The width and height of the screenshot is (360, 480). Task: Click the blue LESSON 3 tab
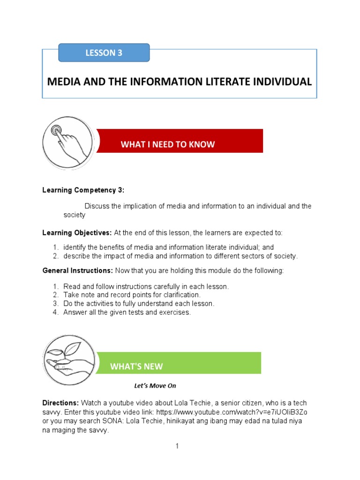(x=104, y=53)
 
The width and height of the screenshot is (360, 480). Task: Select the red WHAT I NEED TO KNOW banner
(x=180, y=141)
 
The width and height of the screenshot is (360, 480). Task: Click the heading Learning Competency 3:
(x=83, y=190)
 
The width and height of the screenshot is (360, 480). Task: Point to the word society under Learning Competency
(x=75, y=215)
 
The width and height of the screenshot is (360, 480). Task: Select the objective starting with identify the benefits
(x=169, y=247)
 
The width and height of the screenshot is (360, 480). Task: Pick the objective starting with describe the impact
(x=180, y=256)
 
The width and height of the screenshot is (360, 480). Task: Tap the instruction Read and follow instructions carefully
(x=146, y=286)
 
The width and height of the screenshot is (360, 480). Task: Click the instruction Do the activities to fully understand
(x=139, y=304)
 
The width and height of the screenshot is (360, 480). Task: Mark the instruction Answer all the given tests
(x=127, y=313)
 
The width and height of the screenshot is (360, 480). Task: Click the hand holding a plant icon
(x=69, y=360)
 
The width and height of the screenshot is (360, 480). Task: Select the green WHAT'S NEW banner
(x=178, y=363)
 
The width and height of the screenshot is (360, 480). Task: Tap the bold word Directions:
(x=60, y=403)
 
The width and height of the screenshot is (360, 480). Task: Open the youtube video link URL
(x=232, y=412)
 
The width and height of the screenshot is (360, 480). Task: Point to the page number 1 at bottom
(x=178, y=446)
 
